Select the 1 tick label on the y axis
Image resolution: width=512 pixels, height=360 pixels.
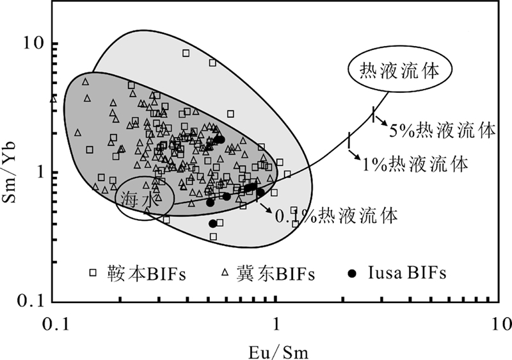click(x=38, y=173)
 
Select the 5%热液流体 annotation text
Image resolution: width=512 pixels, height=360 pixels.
click(x=442, y=131)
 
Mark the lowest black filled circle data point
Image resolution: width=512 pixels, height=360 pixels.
click(x=212, y=224)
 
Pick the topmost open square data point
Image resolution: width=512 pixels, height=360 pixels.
click(x=186, y=53)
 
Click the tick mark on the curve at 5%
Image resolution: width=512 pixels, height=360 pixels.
click(x=373, y=115)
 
